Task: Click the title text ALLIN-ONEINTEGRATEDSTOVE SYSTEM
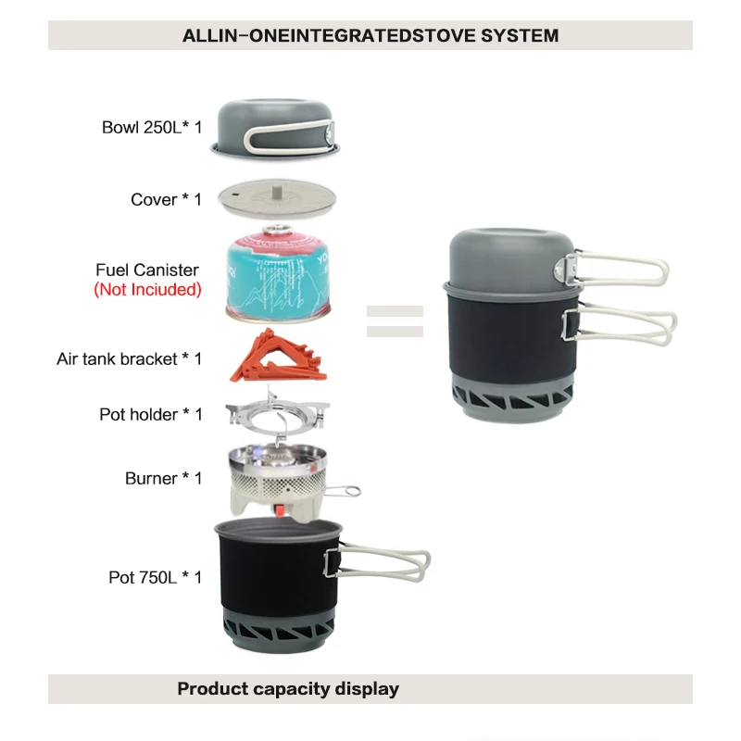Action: click(370, 36)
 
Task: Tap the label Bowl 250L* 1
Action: click(152, 128)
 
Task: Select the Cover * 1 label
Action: click(166, 199)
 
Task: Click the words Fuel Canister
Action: click(147, 270)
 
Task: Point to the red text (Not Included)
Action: click(147, 289)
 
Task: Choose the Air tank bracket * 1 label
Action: click(129, 358)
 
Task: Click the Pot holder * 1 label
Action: click(151, 414)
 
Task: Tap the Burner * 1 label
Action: click(164, 478)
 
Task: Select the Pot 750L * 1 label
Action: click(155, 577)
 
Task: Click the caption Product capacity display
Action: click(288, 688)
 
